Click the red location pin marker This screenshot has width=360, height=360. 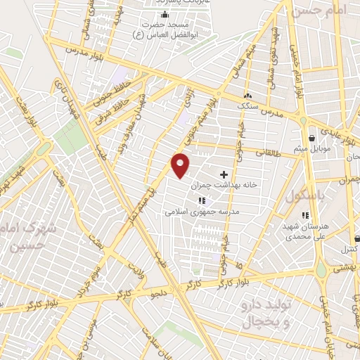(x=181, y=165)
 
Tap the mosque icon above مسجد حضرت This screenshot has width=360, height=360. (x=165, y=15)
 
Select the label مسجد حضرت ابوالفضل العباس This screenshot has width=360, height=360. (x=165, y=27)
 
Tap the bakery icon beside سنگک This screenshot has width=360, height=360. (x=246, y=96)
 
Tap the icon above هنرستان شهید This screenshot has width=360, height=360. (x=305, y=215)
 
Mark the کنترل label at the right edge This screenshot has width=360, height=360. (x=349, y=250)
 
